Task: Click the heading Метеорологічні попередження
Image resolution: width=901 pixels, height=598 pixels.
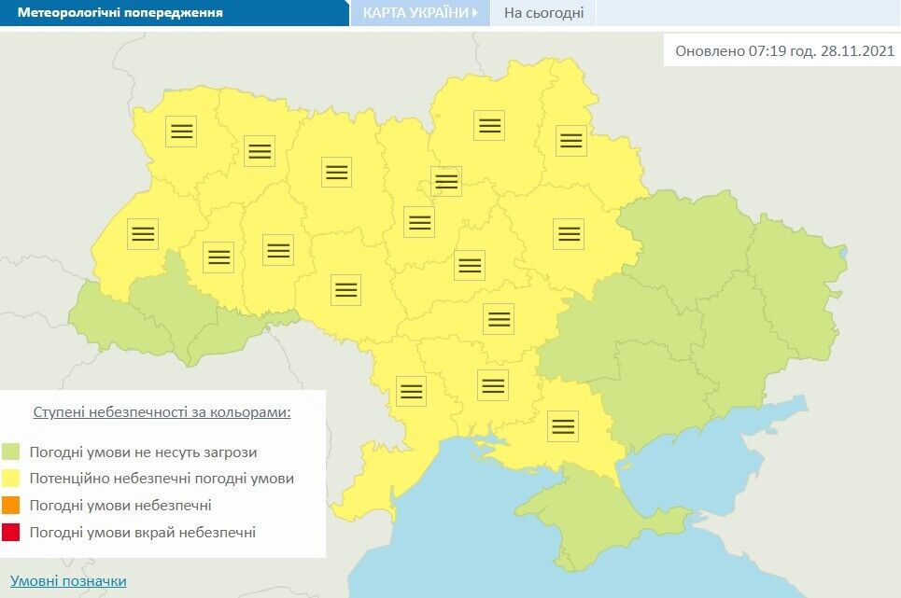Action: pyautogui.click(x=120, y=13)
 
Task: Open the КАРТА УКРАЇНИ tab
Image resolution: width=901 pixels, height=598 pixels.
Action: pyautogui.click(x=415, y=13)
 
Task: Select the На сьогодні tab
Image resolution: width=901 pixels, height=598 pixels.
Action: pyautogui.click(x=543, y=13)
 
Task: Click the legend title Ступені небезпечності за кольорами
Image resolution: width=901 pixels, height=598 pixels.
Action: pyautogui.click(x=162, y=411)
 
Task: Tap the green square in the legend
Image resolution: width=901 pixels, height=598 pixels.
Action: pyautogui.click(x=11, y=452)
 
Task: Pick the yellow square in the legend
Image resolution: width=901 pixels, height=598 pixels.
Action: pyautogui.click(x=11, y=479)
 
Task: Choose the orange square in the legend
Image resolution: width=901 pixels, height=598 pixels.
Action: pyautogui.click(x=11, y=506)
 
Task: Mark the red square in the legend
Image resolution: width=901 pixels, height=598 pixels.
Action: pyautogui.click(x=11, y=533)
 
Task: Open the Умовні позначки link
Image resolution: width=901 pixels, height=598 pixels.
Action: pyautogui.click(x=68, y=581)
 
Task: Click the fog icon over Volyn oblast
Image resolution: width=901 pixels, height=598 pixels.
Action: pyautogui.click(x=181, y=131)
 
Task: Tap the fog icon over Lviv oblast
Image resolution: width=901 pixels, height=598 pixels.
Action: pyautogui.click(x=143, y=234)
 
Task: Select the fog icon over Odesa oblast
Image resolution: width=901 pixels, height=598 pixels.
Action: pyautogui.click(x=411, y=390)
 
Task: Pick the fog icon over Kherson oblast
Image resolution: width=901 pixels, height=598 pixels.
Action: pyautogui.click(x=562, y=425)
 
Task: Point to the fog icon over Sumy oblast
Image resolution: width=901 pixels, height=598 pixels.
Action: pyautogui.click(x=570, y=141)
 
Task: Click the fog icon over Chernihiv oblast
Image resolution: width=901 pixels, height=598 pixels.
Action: pyautogui.click(x=488, y=125)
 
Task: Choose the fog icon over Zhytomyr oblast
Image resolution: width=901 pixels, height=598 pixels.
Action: pyautogui.click(x=336, y=172)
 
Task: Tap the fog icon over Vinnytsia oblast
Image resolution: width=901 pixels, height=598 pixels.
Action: pyautogui.click(x=345, y=290)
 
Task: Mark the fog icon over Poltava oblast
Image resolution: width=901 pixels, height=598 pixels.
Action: pyautogui.click(x=568, y=233)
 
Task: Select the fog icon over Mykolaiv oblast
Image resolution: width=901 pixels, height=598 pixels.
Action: pyautogui.click(x=492, y=384)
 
